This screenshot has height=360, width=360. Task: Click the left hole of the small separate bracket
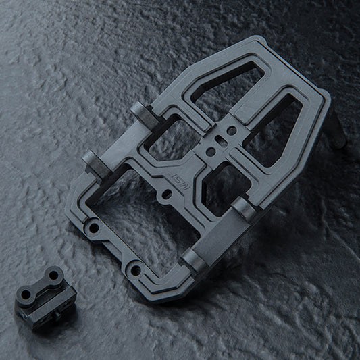point(26,296)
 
